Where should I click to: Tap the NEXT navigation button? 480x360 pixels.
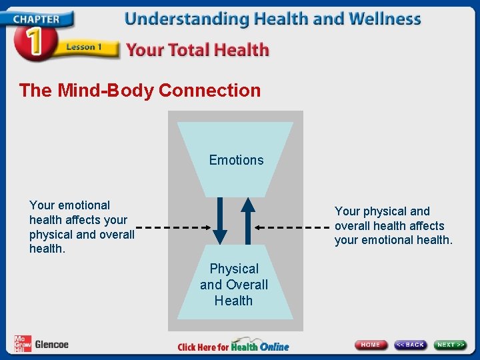(451, 345)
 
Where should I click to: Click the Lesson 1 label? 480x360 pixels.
(84, 47)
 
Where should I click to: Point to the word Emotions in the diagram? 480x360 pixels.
(236, 160)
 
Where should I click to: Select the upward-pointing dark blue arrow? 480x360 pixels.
(247, 221)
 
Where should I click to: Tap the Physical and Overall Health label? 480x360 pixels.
(234, 285)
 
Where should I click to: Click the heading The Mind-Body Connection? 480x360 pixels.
(140, 90)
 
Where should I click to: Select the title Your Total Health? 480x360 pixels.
(197, 50)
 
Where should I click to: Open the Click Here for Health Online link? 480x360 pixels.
(233, 346)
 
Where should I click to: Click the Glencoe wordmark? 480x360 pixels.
(52, 345)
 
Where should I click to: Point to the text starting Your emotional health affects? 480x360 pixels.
(81, 227)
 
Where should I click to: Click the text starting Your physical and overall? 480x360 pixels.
(393, 225)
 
